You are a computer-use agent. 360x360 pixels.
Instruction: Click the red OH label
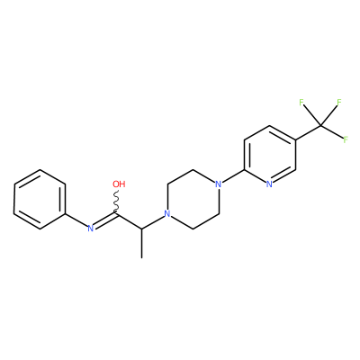119,184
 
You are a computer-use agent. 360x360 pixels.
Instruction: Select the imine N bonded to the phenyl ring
91,229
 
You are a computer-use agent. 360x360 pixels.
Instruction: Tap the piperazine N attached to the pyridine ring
219,184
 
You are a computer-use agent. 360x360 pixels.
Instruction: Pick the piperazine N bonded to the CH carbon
167,214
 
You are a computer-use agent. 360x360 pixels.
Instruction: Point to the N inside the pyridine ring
269,184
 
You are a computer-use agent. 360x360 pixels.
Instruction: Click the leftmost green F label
301,103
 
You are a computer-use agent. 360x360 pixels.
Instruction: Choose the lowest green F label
346,139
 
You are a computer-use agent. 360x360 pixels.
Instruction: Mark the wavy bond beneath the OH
116,201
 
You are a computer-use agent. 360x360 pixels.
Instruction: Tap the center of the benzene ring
40,200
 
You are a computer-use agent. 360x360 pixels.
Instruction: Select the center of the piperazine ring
193,199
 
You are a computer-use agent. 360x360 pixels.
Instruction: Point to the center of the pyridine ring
270,155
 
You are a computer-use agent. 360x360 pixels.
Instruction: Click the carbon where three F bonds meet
321,125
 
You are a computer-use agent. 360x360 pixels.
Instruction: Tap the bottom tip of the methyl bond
141,257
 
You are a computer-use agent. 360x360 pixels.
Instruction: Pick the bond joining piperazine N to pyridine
233,176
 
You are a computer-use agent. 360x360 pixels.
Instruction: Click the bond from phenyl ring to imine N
76,220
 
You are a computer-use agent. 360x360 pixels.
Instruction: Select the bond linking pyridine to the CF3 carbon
309,132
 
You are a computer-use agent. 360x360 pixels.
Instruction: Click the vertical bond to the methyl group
141,243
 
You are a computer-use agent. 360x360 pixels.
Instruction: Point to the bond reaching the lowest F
332,131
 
